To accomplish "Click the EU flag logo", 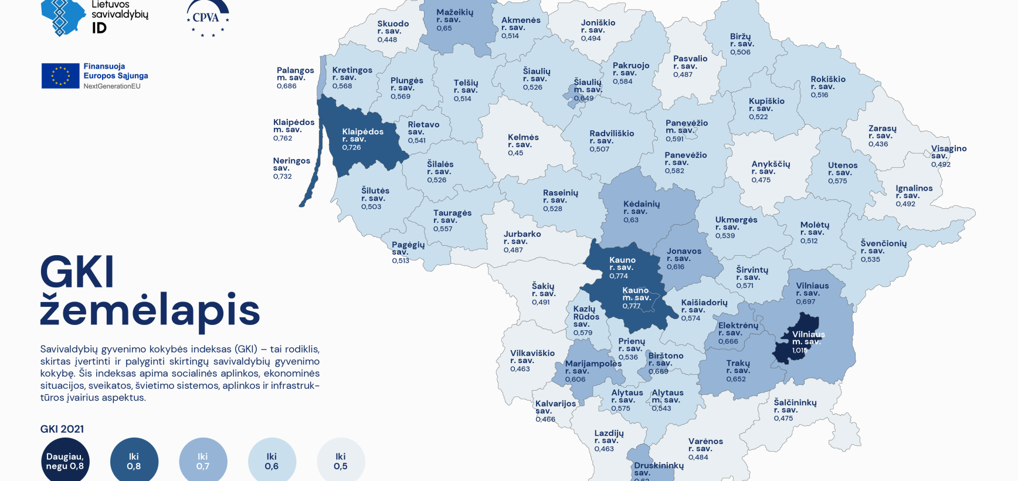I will click(60, 76).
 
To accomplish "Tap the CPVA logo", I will click(208, 18).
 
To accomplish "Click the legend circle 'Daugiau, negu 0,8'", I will click(65, 461).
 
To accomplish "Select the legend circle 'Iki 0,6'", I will click(272, 461).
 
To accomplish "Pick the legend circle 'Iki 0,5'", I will click(341, 461).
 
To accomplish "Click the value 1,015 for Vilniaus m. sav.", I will click(799, 350).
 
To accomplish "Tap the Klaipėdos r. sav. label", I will click(362, 135).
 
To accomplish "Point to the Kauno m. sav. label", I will click(636, 294).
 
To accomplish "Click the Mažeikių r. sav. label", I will click(454, 15).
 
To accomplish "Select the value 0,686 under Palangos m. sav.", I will click(287, 86).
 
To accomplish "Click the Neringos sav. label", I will click(291, 164).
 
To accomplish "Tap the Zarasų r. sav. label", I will click(882, 132).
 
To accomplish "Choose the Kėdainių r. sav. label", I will click(641, 207).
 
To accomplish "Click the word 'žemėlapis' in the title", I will click(150, 310).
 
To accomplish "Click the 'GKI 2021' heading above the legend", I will click(62, 429).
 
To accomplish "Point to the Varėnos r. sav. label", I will click(705, 445).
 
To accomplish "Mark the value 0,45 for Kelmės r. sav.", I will click(515, 153).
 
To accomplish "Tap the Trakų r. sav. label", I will click(738, 367).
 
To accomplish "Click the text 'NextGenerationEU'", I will click(112, 86).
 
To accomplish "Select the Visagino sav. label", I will click(948, 152).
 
